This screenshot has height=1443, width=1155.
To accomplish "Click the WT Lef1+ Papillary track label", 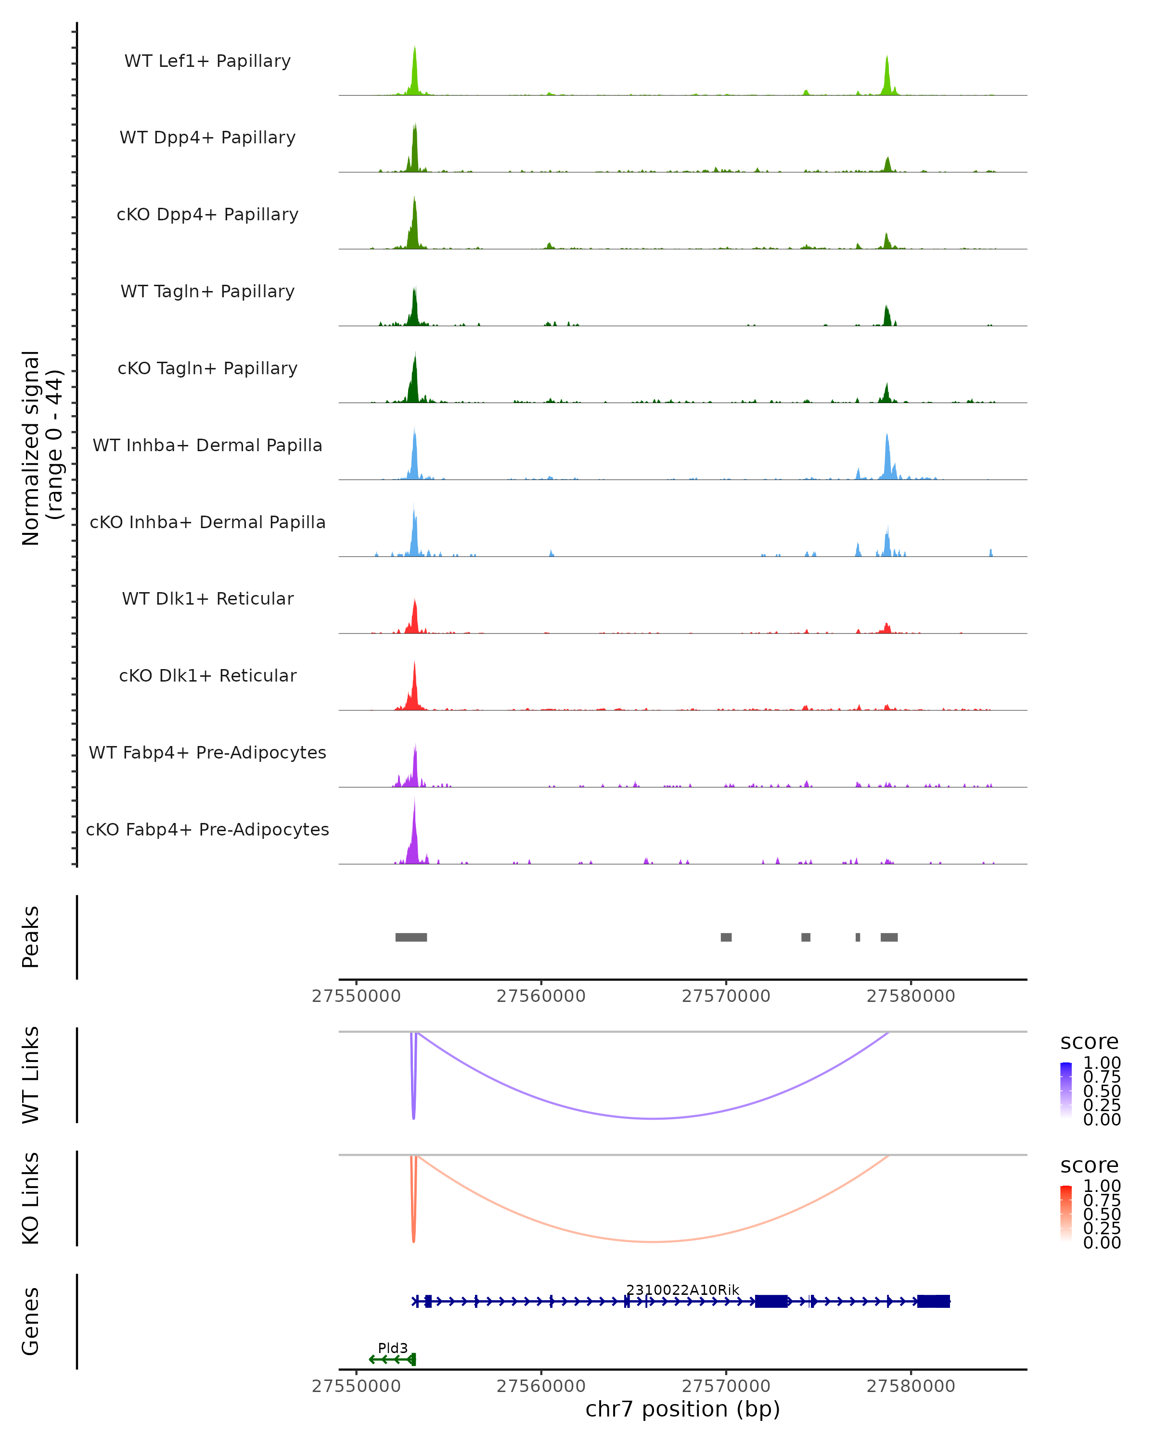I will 207,61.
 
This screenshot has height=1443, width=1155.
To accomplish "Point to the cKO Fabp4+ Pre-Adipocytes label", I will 207,829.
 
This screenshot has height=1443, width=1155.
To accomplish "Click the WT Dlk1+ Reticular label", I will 207,598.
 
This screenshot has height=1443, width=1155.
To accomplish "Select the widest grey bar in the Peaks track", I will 411,937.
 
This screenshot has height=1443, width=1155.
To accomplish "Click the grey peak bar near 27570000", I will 726,937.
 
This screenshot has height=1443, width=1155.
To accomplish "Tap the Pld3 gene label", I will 392,1348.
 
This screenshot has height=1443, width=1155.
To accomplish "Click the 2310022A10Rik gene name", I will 682,1290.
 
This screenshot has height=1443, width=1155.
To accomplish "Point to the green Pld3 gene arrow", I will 392,1359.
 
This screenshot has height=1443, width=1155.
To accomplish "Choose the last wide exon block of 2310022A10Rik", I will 933,1301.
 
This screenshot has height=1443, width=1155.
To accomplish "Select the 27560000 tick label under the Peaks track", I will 541,996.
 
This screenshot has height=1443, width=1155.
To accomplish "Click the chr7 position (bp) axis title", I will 682,1409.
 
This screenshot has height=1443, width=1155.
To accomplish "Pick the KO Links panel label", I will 31,1199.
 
